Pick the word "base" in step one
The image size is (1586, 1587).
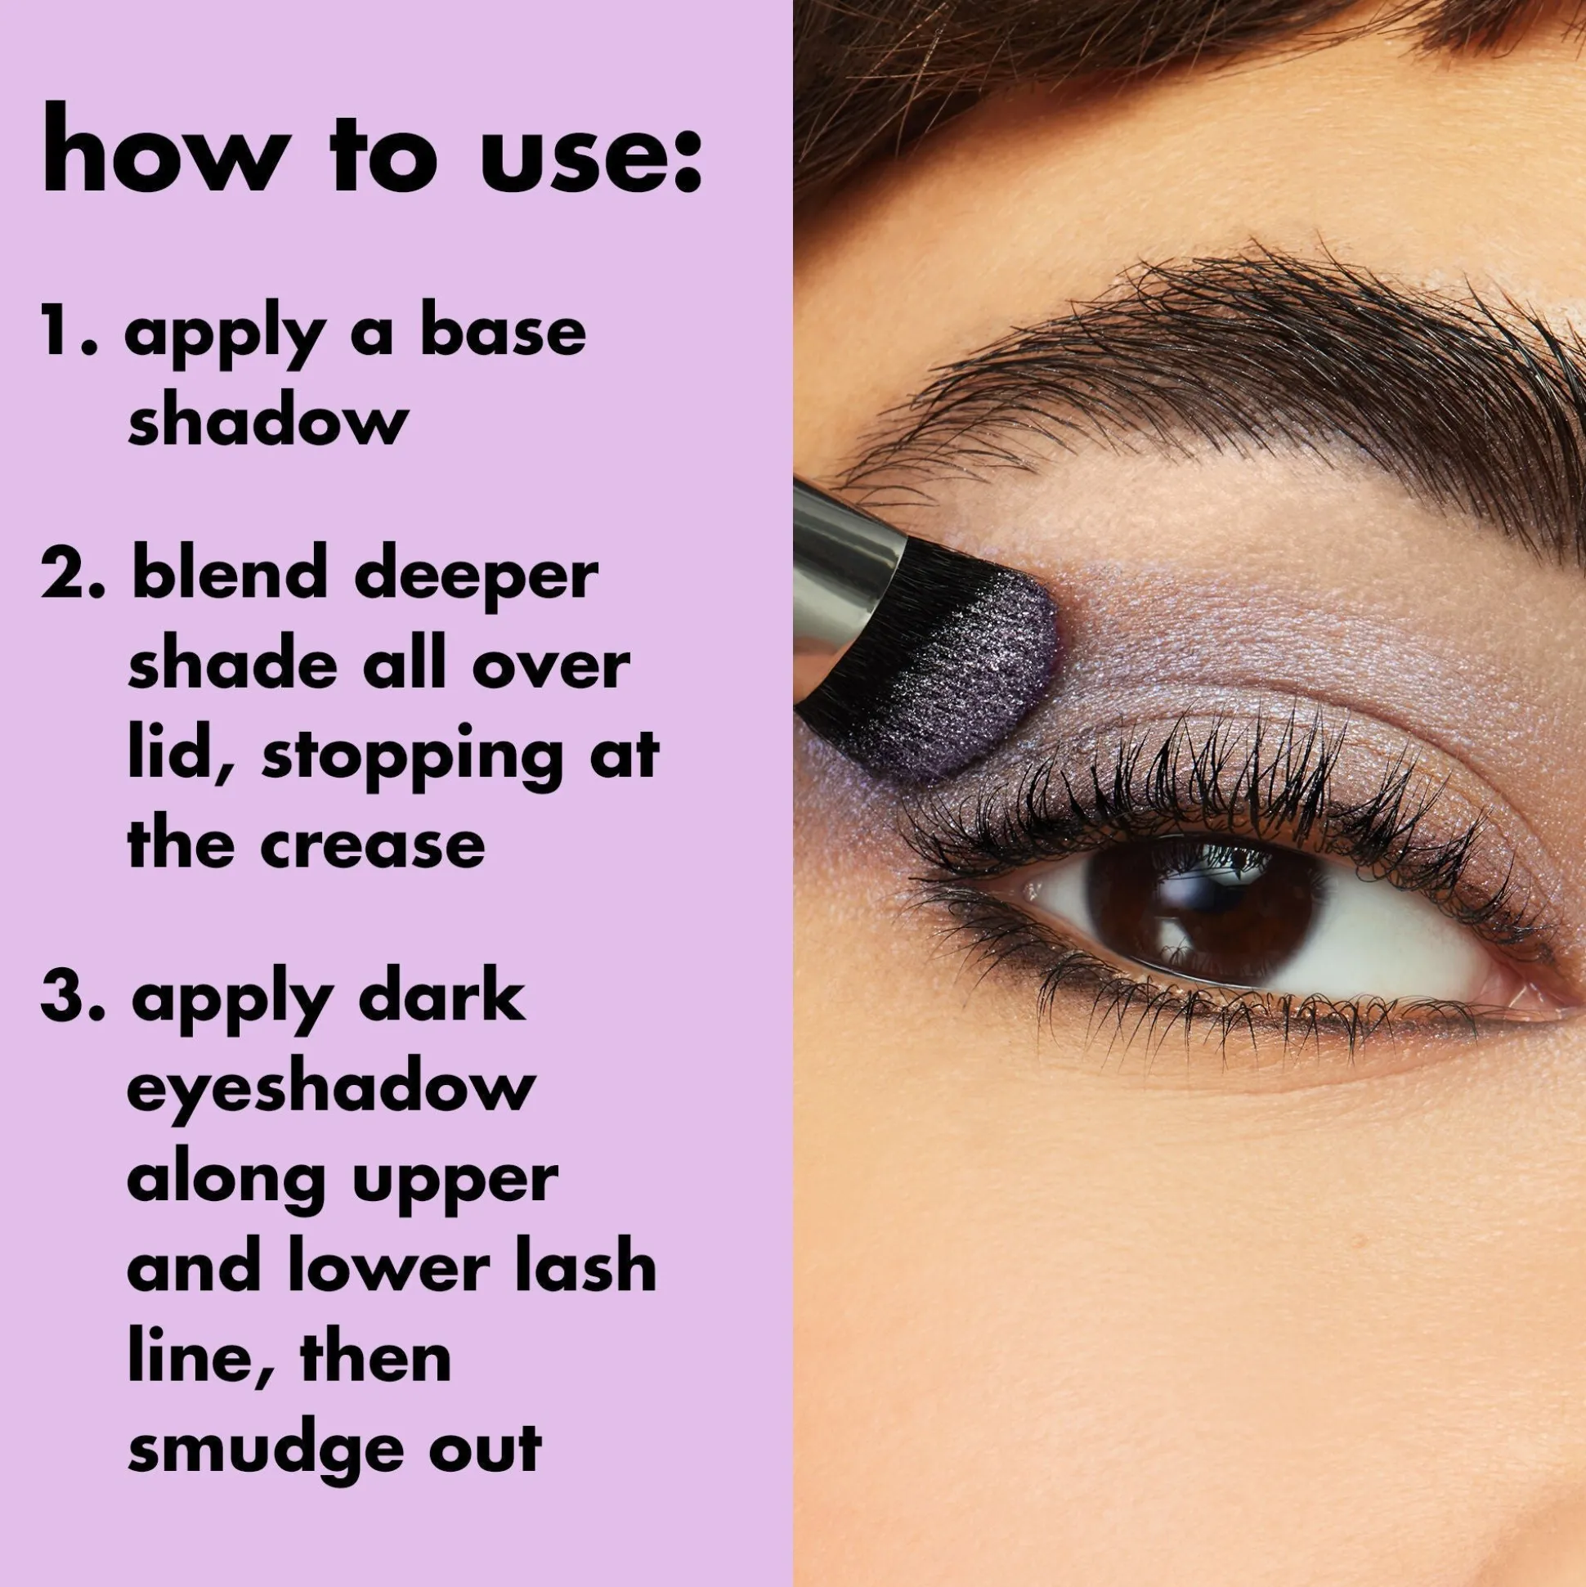point(503,333)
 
